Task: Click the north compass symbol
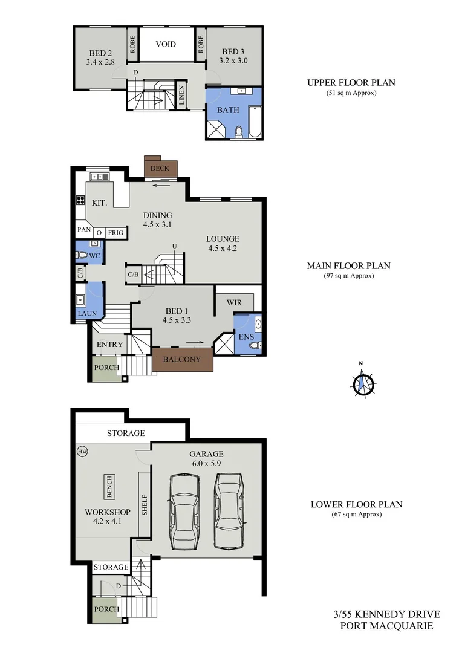click(x=364, y=383)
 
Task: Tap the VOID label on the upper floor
click(x=165, y=44)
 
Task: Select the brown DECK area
click(x=160, y=168)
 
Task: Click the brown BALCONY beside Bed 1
click(x=182, y=360)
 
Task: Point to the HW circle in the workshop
click(x=82, y=451)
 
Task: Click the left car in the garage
click(x=184, y=511)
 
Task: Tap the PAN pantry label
click(x=83, y=230)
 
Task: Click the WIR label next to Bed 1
click(x=234, y=302)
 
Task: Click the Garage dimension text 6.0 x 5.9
click(x=206, y=464)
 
